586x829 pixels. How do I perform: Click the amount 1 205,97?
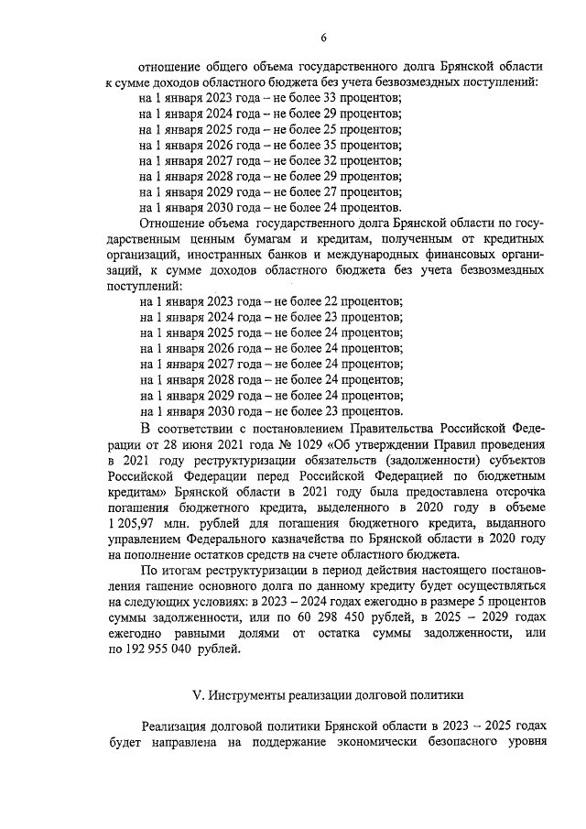point(136,522)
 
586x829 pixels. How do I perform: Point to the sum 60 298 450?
point(309,618)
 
